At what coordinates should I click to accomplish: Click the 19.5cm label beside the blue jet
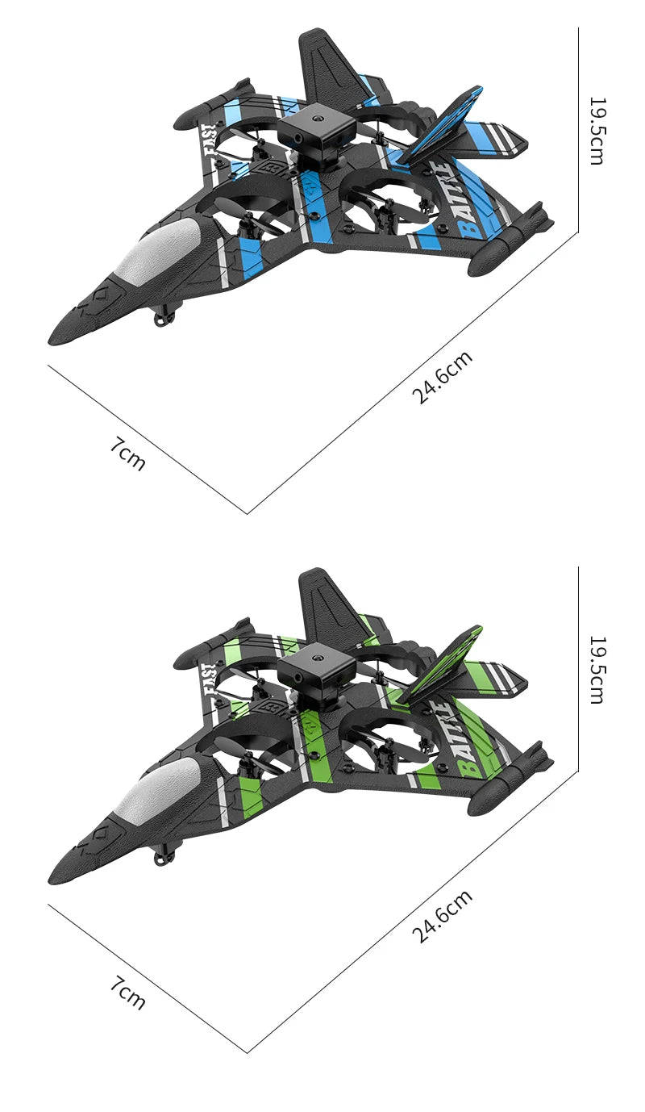tap(596, 131)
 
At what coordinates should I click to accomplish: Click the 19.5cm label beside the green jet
tap(596, 670)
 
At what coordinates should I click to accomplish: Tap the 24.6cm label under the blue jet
tap(442, 378)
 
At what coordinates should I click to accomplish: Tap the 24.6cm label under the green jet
tap(442, 917)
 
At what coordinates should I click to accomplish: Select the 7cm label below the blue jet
tap(128, 454)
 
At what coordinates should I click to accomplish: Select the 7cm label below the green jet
tap(128, 993)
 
